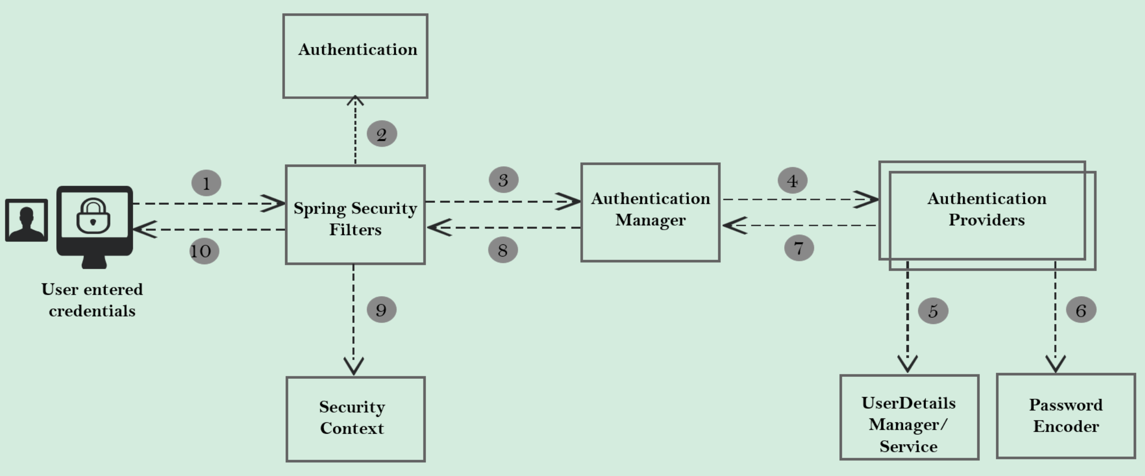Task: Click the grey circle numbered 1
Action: pyautogui.click(x=206, y=183)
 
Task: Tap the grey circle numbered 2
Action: pyautogui.click(x=382, y=134)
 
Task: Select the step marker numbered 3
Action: pyautogui.click(x=504, y=180)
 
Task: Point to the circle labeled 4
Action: pyautogui.click(x=793, y=181)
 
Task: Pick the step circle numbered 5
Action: pyautogui.click(x=933, y=311)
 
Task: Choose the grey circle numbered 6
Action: pyautogui.click(x=1081, y=310)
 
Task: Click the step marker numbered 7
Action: pyautogui.click(x=799, y=248)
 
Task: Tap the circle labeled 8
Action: pyautogui.click(x=503, y=250)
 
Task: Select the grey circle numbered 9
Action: pyautogui.click(x=381, y=309)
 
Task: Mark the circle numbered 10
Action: pyautogui.click(x=204, y=251)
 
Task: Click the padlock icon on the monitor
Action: pyautogui.click(x=93, y=216)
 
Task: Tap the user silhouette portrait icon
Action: pyautogui.click(x=26, y=220)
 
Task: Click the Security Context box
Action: pyautogui.click(x=355, y=419)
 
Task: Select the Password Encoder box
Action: pyautogui.click(x=1066, y=416)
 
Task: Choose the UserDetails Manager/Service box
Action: pyautogui.click(x=909, y=417)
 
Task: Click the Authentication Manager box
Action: pyautogui.click(x=650, y=212)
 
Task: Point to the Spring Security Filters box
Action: pyautogui.click(x=355, y=215)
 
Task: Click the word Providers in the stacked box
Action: pyautogui.click(x=987, y=220)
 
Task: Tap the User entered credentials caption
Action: pyautogui.click(x=92, y=300)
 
